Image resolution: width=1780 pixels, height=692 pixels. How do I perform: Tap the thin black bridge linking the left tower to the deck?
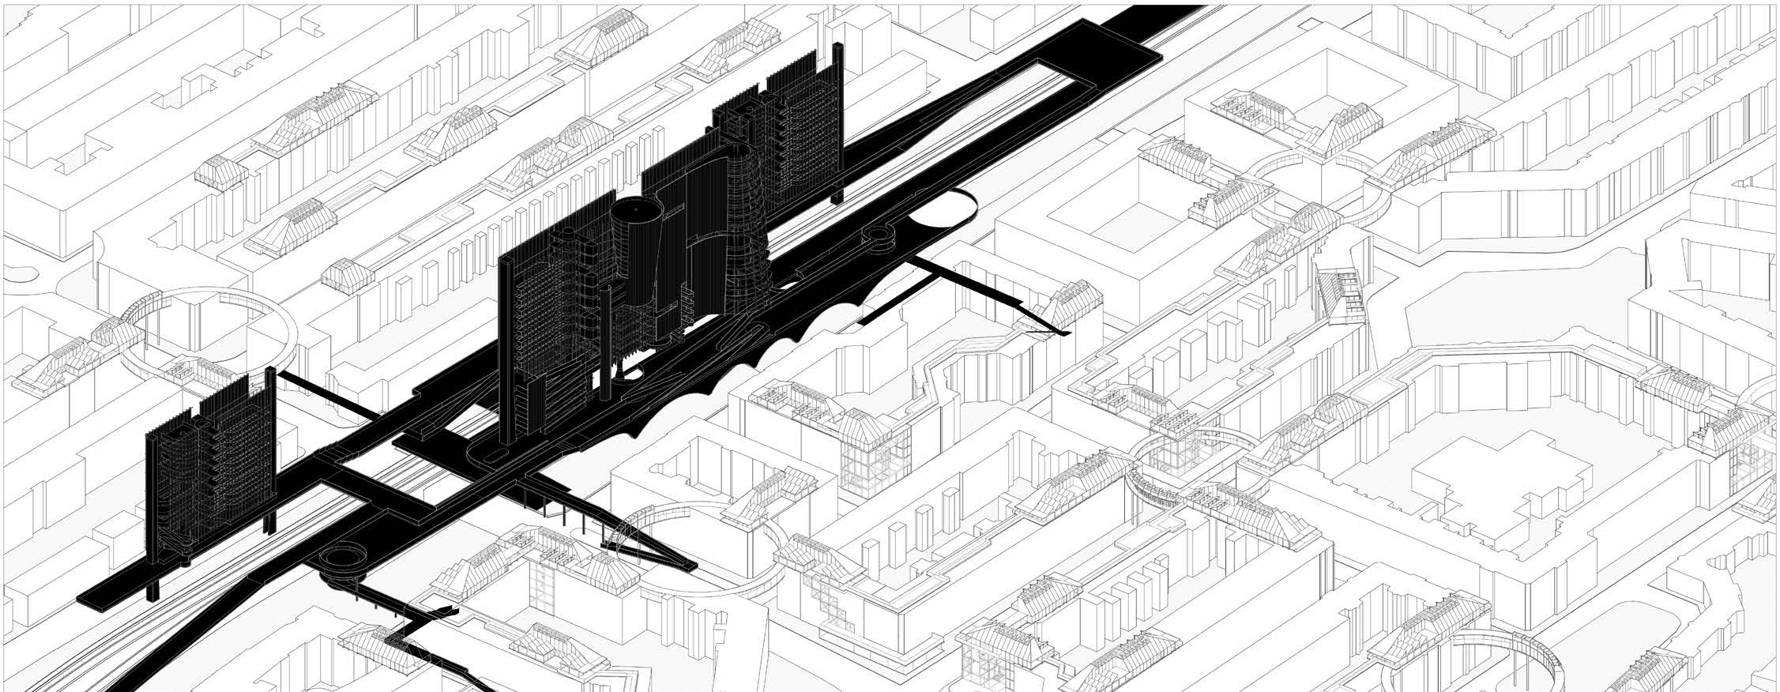[x=332, y=401]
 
